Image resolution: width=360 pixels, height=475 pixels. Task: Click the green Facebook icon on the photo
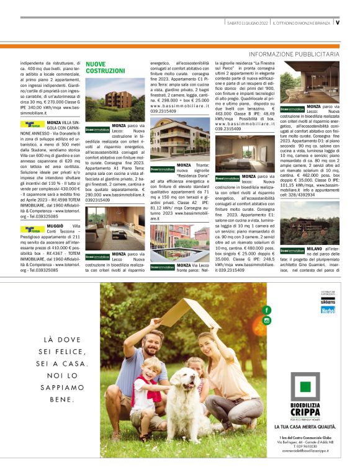point(267,309)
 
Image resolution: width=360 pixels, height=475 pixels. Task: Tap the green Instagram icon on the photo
point(267,320)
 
